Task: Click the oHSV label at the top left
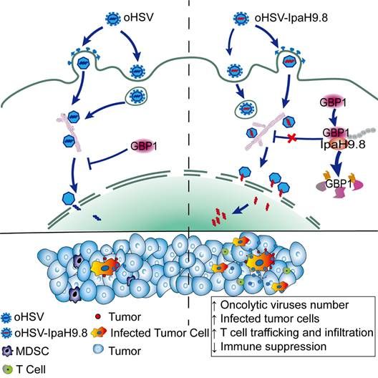[x=138, y=18]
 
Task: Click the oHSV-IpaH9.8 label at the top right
[x=291, y=18]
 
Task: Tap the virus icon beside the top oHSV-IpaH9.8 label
[x=241, y=19]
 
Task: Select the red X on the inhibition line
[x=292, y=138]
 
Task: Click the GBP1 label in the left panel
[x=144, y=146]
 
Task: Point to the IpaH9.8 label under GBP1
[x=343, y=144]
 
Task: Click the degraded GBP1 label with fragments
[x=339, y=184]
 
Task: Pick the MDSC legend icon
[x=7, y=351]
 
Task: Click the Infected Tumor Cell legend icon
[x=99, y=332]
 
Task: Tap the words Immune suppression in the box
[x=273, y=346]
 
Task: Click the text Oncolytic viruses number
[x=284, y=305]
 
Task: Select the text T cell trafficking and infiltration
[x=297, y=333]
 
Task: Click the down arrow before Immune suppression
[x=214, y=347]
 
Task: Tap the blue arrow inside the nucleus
[x=240, y=209]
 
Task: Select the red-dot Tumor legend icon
[x=97, y=316]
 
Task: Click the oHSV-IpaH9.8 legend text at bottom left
[x=51, y=333]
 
